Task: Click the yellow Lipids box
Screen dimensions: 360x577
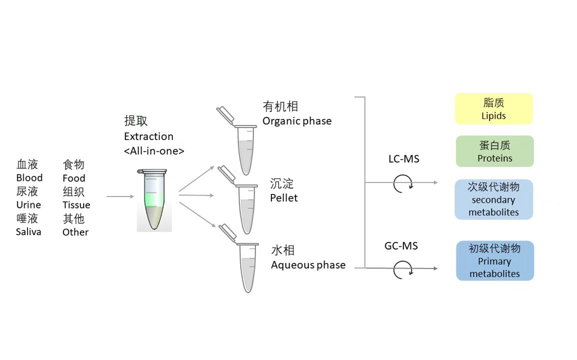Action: pos(493,108)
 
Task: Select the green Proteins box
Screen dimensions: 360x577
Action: pos(494,151)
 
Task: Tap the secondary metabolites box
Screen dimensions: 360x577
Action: pos(493,199)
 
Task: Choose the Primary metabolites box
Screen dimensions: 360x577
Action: pos(494,260)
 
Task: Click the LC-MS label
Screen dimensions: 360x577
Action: pos(403,159)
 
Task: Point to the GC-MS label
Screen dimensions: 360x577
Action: pos(401,245)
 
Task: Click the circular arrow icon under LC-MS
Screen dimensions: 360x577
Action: pos(402,183)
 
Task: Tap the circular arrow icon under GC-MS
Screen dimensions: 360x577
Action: pos(402,269)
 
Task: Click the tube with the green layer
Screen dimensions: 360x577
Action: pos(154,200)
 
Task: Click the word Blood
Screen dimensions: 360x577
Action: pos(29,178)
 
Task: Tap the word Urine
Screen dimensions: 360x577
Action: pos(28,205)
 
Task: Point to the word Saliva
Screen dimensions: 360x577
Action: pos(28,232)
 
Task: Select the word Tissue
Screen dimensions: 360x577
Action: pos(76,205)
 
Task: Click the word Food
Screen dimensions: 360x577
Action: pos(74,178)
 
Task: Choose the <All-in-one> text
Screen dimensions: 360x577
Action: pos(154,150)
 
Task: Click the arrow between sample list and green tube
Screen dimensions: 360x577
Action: pos(120,196)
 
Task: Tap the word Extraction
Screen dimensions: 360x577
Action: pos(148,136)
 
